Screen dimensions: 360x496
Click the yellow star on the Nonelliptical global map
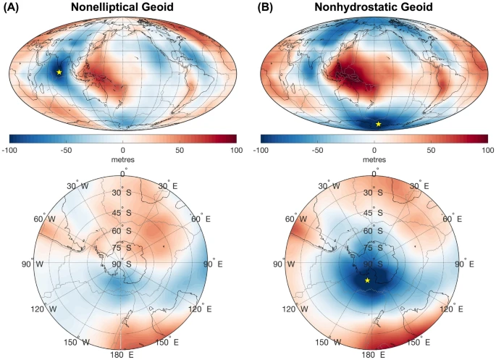[x=59, y=72]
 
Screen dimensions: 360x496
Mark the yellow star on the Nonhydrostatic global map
[x=378, y=124]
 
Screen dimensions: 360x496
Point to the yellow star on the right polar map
[x=367, y=280]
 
